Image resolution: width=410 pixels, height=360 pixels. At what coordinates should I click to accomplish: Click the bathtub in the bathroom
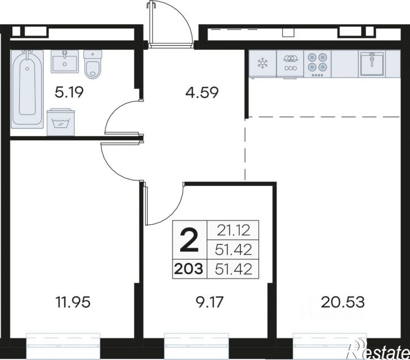[x=27, y=89]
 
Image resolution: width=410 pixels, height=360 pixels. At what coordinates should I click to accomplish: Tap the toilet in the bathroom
[x=92, y=63]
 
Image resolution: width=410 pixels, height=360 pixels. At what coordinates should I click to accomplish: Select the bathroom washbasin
[x=64, y=62]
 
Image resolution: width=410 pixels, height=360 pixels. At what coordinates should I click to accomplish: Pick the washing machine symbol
[x=61, y=122]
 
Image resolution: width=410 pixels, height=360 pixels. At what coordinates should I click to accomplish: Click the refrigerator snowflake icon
[x=262, y=63]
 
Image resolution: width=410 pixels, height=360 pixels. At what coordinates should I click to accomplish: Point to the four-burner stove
[x=317, y=64]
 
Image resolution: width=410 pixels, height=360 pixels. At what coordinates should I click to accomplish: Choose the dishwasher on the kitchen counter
[x=290, y=64]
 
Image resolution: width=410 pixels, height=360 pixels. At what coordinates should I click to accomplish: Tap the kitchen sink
[x=372, y=63]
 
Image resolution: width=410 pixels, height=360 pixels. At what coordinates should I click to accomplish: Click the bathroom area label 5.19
[x=69, y=92]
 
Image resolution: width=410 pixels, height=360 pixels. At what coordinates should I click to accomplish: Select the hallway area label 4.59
[x=201, y=93]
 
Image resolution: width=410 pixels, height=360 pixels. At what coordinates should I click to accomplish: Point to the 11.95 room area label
[x=73, y=302]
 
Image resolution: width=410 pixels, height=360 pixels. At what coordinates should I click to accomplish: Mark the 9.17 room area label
[x=209, y=302]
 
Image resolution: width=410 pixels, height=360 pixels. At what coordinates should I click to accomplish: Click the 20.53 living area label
[x=342, y=302]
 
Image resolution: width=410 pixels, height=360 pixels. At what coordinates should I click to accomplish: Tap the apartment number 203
[x=189, y=269]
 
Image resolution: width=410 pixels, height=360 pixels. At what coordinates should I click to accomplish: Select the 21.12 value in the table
[x=233, y=231]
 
